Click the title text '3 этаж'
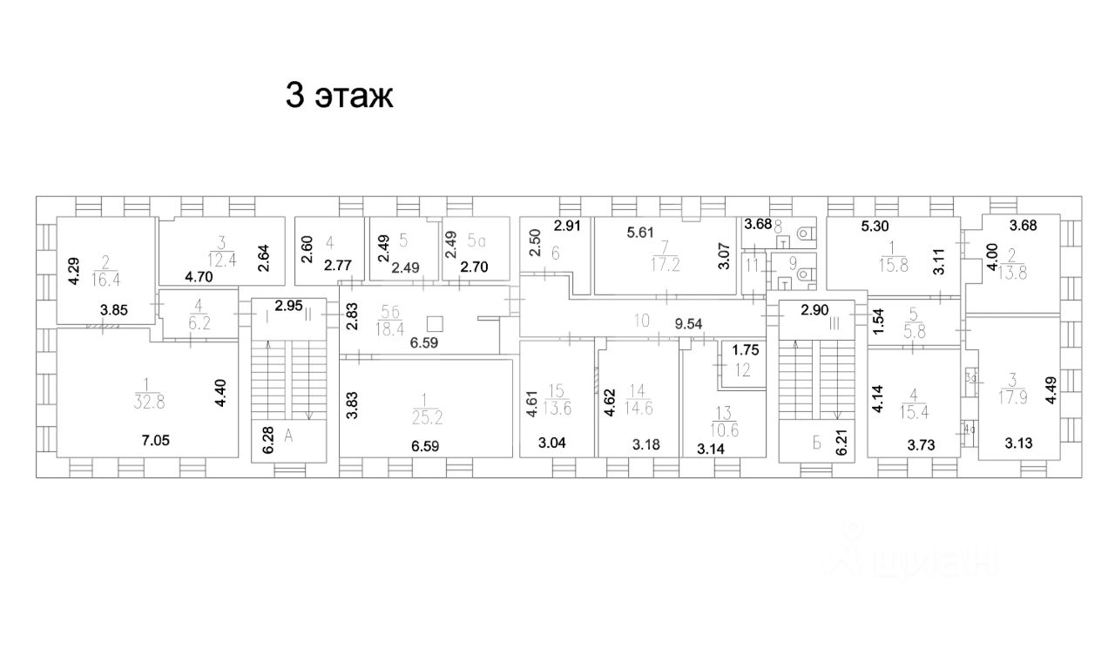coord(340,95)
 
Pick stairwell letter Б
coord(817,443)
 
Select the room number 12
coord(741,369)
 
